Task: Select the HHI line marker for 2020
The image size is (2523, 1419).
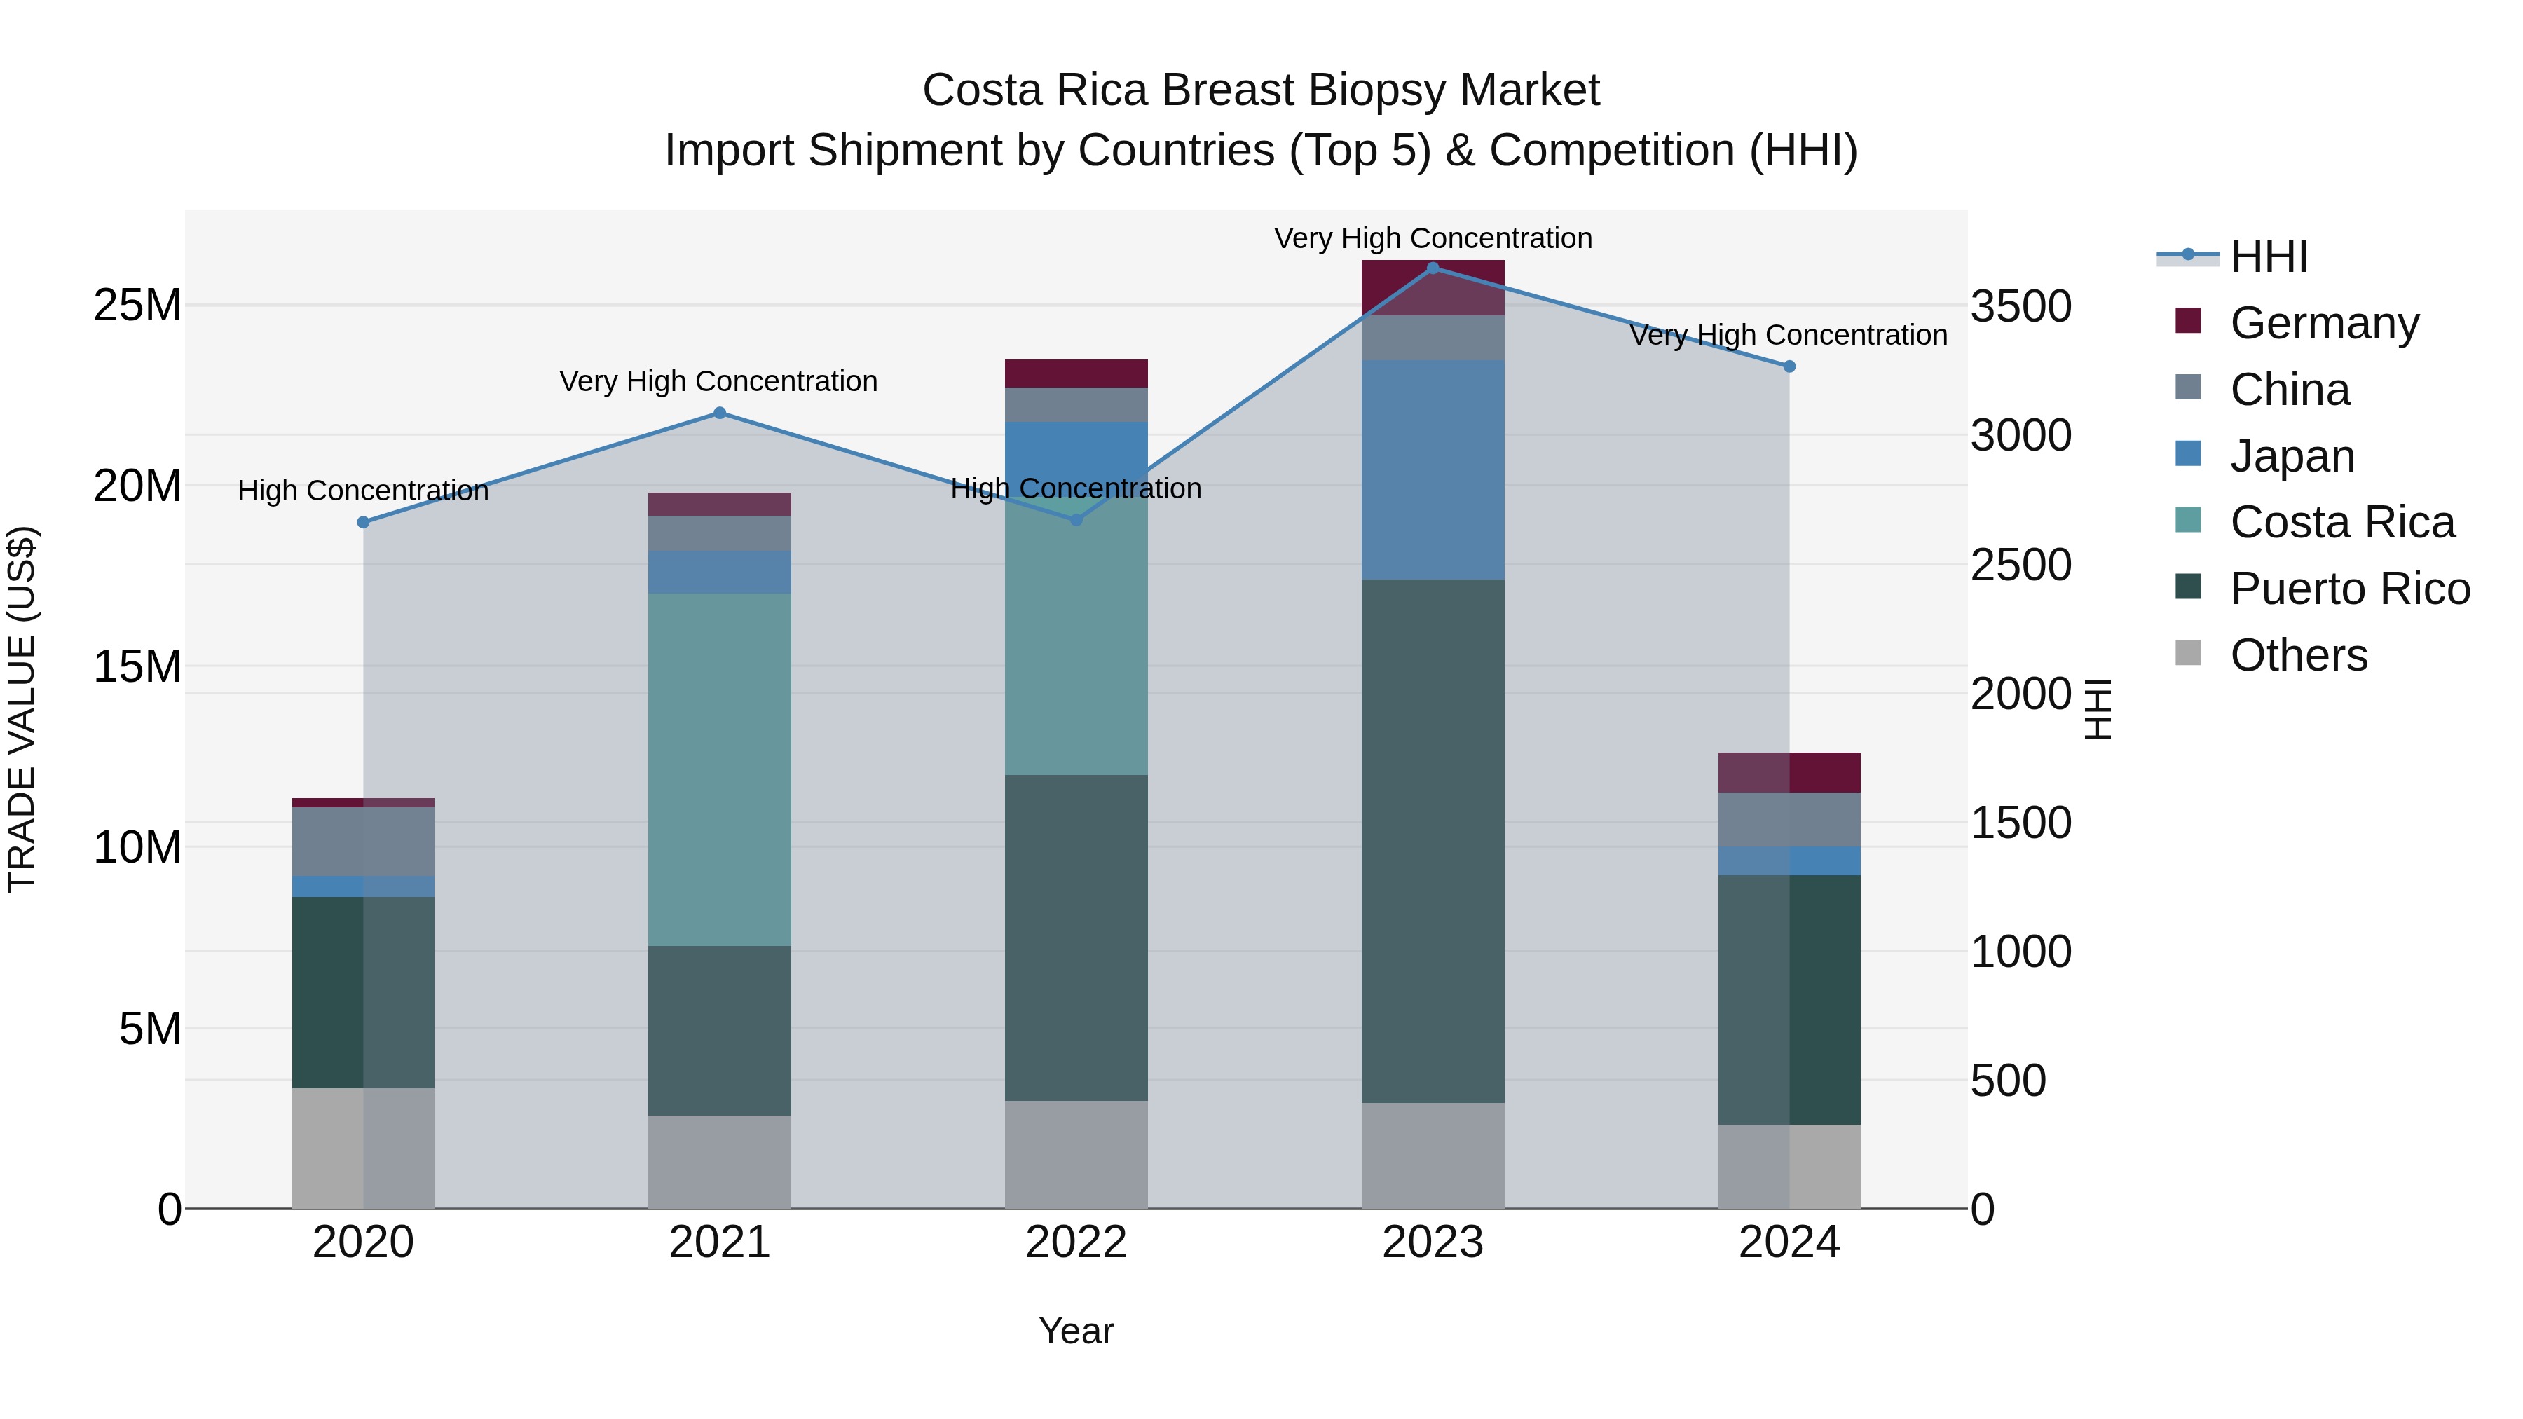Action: coord(363,522)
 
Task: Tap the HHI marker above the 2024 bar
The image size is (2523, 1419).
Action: coord(1789,366)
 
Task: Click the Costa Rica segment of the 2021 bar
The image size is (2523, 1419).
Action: coord(719,769)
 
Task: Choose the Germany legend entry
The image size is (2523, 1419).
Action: coord(2323,323)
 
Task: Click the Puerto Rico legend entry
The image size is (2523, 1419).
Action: coord(2348,589)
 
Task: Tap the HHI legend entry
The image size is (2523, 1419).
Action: coord(2269,256)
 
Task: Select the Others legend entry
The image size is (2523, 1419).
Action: coord(2298,655)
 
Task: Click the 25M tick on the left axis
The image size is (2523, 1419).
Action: coord(137,306)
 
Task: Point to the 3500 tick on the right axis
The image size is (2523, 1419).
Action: coord(2020,306)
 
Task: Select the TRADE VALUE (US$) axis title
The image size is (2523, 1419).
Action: coord(22,709)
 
